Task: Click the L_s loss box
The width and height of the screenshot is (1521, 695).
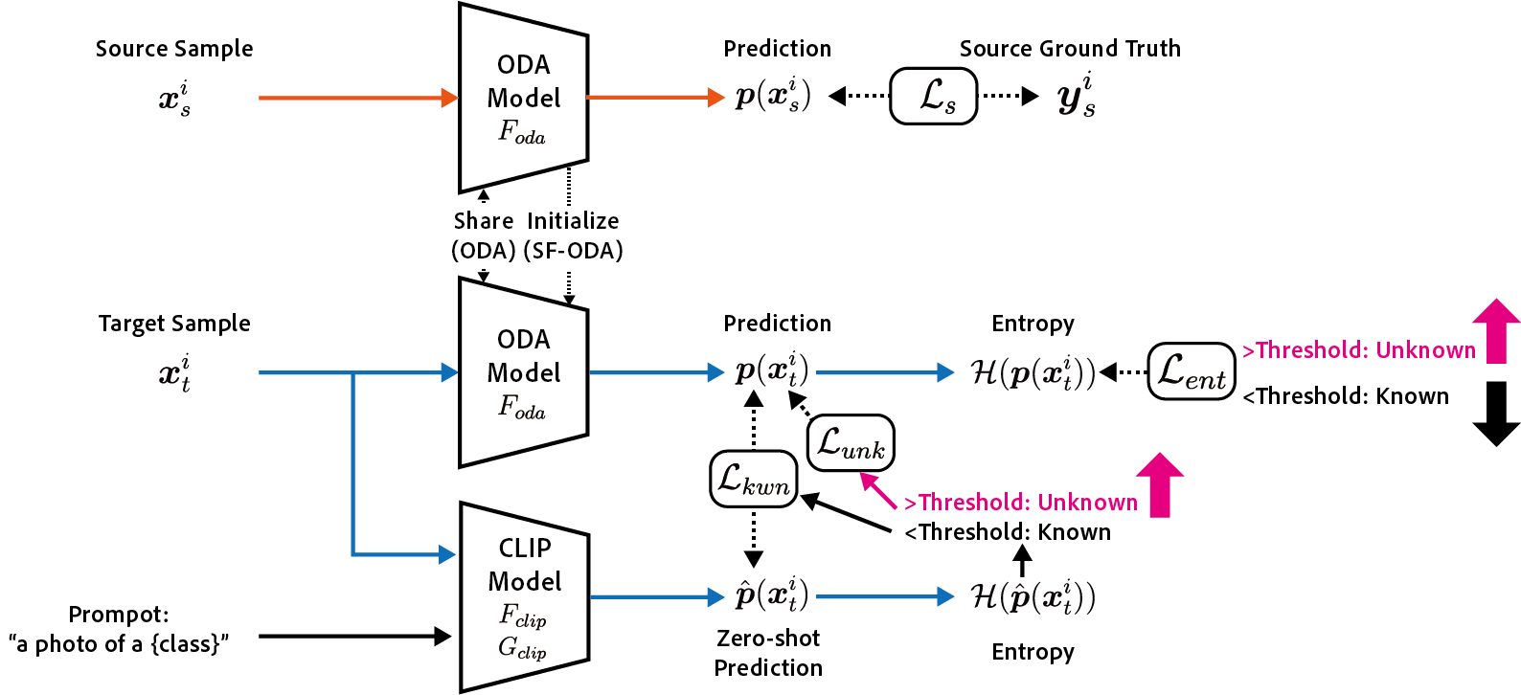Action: click(x=934, y=96)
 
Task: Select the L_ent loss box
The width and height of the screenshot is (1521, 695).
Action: click(x=1192, y=371)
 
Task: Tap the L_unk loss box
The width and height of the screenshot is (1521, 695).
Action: click(x=851, y=443)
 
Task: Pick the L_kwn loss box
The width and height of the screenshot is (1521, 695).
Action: click(x=754, y=479)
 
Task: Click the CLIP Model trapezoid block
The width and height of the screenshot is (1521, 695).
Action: click(x=525, y=596)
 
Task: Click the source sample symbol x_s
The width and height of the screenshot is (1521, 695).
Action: click(x=174, y=98)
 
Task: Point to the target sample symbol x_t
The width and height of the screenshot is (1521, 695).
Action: click(x=174, y=372)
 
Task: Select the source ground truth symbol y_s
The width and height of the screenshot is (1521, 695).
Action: click(x=1077, y=96)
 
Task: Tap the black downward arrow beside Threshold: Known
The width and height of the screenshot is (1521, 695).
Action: click(x=1496, y=414)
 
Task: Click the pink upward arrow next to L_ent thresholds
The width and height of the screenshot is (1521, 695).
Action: click(x=1496, y=331)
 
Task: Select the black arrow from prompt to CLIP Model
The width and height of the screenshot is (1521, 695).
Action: click(x=354, y=636)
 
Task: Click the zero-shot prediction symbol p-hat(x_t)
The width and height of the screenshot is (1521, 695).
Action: click(x=772, y=595)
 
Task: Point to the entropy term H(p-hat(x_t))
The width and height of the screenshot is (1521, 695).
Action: click(x=1033, y=596)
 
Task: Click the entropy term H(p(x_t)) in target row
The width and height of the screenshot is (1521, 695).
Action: click(x=1033, y=372)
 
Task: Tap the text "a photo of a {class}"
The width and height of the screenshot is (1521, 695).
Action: click(x=119, y=644)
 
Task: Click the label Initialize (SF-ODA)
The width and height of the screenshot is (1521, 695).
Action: click(x=573, y=235)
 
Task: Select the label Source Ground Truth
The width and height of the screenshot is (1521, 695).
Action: click(x=1070, y=49)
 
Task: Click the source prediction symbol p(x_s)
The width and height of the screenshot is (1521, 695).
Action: click(x=773, y=96)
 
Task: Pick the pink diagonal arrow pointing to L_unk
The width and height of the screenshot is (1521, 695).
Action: click(x=878, y=491)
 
